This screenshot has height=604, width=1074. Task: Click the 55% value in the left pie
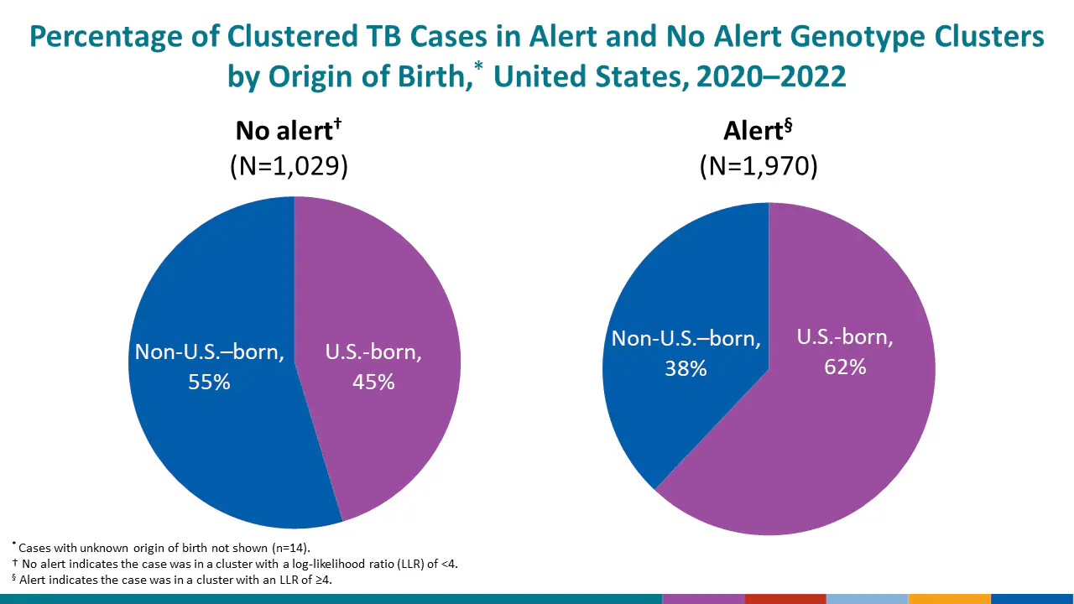tap(209, 382)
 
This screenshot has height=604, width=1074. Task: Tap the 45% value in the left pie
tap(373, 382)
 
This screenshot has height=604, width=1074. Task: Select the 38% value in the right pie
tap(686, 368)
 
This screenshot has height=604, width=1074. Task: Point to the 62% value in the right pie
tap(845, 367)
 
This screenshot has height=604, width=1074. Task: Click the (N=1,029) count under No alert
tap(289, 165)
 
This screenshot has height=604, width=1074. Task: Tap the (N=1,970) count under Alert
tap(759, 165)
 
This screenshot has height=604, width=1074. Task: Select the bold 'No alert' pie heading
tap(284, 131)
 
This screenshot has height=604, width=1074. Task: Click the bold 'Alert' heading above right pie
tap(753, 131)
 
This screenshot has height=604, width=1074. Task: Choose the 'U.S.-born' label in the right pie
tap(845, 337)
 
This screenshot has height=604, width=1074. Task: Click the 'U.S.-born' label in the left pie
tap(373, 351)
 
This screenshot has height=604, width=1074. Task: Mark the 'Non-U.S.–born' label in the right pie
tap(686, 338)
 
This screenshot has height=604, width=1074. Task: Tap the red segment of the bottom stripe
tap(785, 599)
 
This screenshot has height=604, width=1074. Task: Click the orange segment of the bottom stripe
tap(950, 599)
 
